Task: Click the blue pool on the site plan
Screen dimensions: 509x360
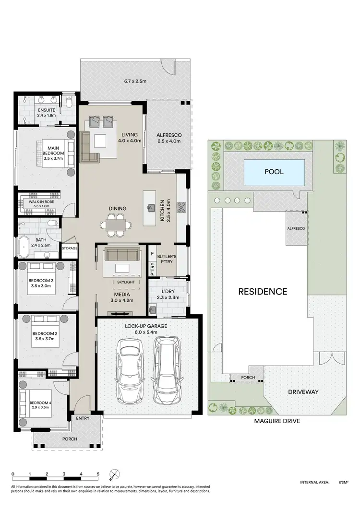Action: coord(274,172)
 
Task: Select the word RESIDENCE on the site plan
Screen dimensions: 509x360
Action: coord(263,292)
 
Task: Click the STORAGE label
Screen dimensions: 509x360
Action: coord(70,248)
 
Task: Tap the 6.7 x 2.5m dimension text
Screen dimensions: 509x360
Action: coord(135,82)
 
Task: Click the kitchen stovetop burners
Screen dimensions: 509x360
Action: coord(181,207)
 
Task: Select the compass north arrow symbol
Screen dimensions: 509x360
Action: coord(114,475)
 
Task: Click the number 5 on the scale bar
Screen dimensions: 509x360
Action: coord(98,474)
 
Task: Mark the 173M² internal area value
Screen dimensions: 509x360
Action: coord(343,482)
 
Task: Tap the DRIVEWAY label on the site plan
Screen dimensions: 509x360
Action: coord(303,392)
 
